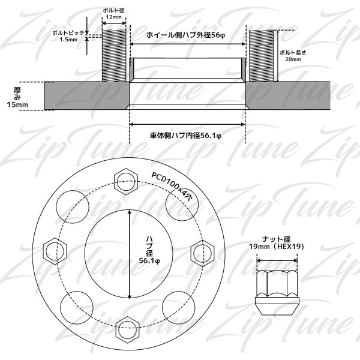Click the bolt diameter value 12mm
(x=114, y=17)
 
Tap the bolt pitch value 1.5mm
(x=68, y=40)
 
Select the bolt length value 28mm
(x=293, y=59)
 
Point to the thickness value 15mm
(x=17, y=104)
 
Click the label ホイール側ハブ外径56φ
(x=185, y=35)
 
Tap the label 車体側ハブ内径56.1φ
(x=185, y=136)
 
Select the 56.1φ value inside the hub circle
(x=149, y=261)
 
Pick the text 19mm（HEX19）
(x=277, y=247)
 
